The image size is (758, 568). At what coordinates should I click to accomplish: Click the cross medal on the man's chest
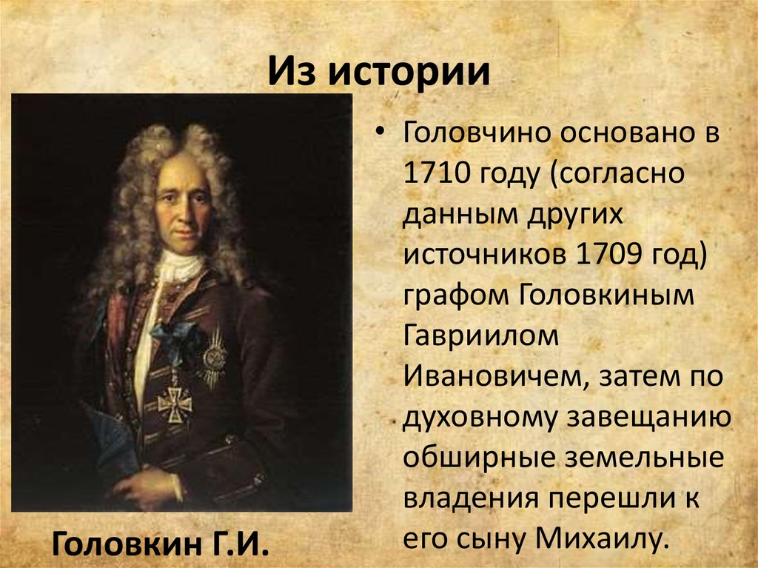click(x=175, y=402)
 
